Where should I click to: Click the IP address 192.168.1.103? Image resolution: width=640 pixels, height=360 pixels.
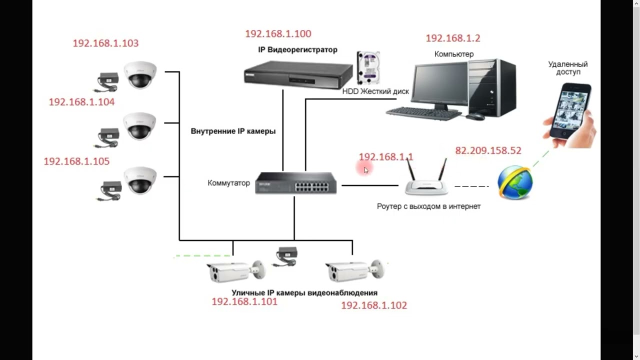[105, 43]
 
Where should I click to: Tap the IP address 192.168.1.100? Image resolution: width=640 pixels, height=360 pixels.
[278, 34]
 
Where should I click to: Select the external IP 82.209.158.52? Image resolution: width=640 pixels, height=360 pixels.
[488, 150]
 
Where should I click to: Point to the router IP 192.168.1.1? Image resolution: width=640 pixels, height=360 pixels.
[386, 157]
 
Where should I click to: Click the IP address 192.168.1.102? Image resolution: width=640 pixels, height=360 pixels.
[374, 305]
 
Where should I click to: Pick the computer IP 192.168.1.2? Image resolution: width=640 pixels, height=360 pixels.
[453, 38]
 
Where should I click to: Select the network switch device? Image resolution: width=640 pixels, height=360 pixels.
[295, 183]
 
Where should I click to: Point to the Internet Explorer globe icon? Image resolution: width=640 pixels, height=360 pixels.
[515, 183]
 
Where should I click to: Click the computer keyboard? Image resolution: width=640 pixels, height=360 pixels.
[424, 113]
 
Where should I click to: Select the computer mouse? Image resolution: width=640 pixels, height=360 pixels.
[475, 116]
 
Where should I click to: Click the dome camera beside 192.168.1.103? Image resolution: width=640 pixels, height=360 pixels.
[140, 74]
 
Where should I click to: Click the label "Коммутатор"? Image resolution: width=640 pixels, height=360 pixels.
[228, 183]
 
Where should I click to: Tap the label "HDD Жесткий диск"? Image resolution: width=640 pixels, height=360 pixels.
[375, 92]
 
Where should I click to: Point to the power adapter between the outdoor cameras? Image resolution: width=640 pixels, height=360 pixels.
[286, 255]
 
